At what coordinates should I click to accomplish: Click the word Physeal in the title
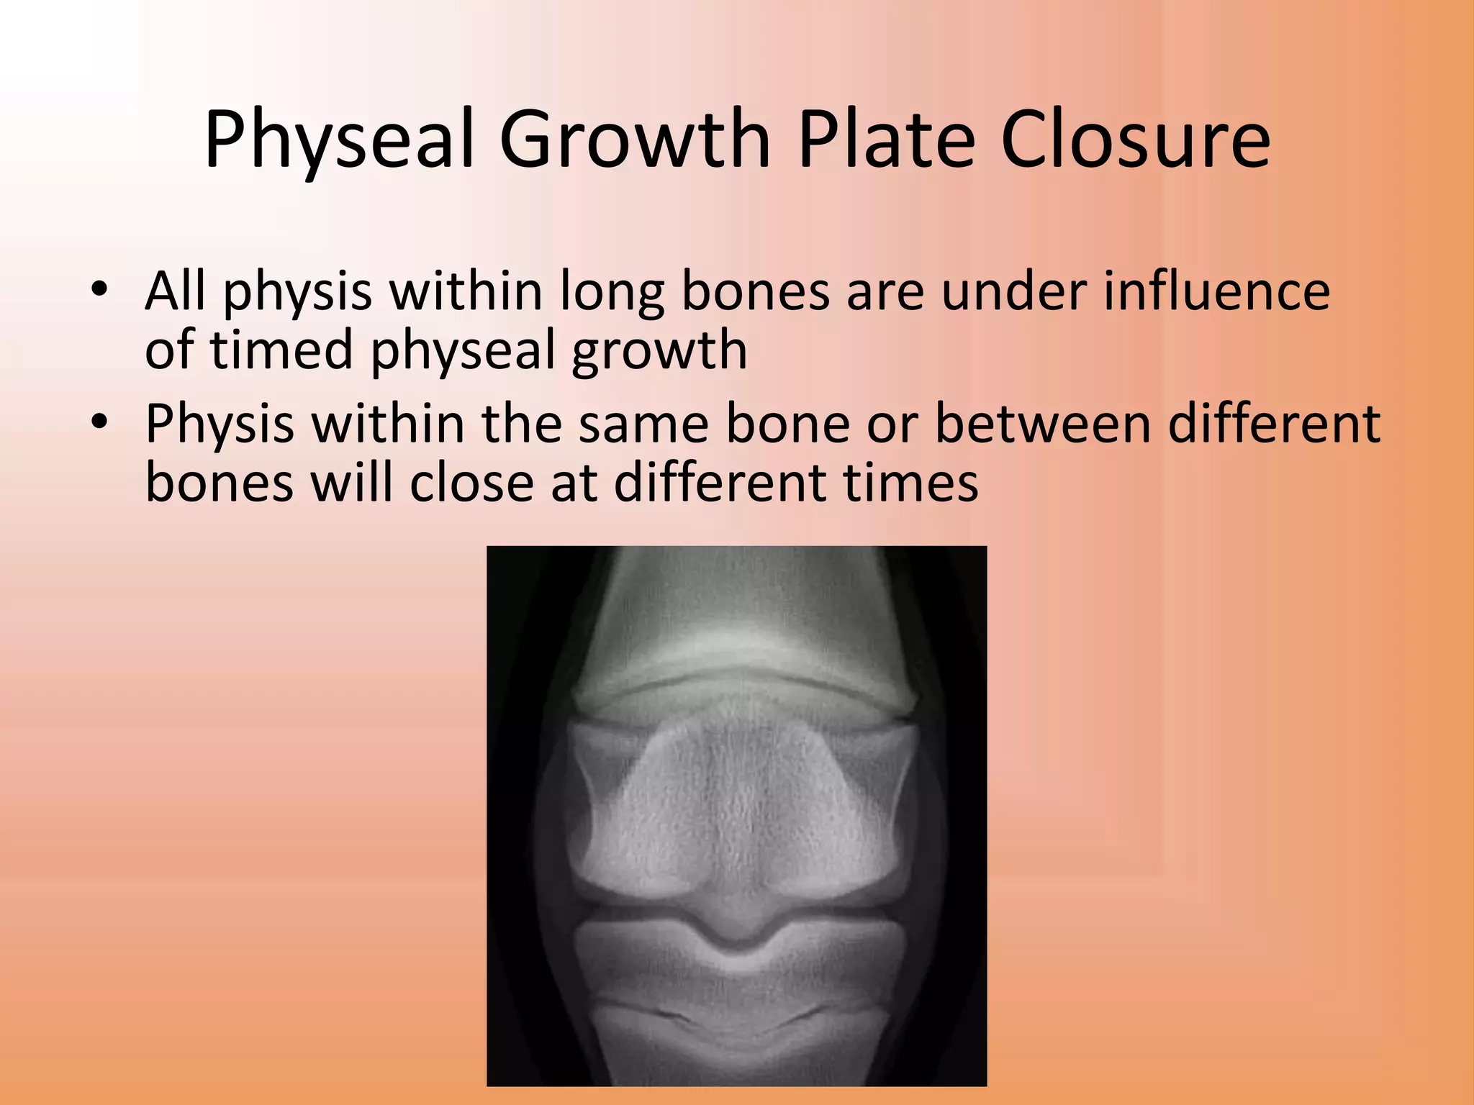click(x=338, y=140)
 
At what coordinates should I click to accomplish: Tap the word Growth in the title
click(x=635, y=140)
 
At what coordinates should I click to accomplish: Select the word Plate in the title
click(x=887, y=140)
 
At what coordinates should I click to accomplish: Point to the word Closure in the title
click(x=1135, y=140)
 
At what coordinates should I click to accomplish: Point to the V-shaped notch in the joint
click(x=737, y=935)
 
